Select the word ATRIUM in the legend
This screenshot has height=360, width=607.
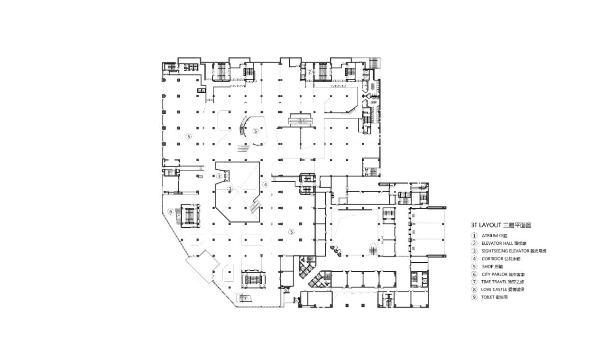tap(490, 235)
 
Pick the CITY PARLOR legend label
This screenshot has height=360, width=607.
tap(495, 274)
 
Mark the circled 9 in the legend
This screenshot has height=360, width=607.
tap(473, 297)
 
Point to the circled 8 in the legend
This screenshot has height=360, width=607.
tap(473, 289)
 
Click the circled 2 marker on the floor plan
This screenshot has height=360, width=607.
tap(309, 72)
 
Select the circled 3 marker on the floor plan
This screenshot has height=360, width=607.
tap(219, 176)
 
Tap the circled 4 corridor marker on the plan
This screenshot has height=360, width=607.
tap(266, 185)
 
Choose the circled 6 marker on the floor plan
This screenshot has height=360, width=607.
tap(169, 211)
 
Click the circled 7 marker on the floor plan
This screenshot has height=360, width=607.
tap(245, 298)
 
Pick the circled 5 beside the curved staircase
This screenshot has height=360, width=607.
tap(255, 131)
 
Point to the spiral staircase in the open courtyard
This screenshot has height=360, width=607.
tap(373, 250)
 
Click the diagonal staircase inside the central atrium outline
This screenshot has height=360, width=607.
tap(255, 206)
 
